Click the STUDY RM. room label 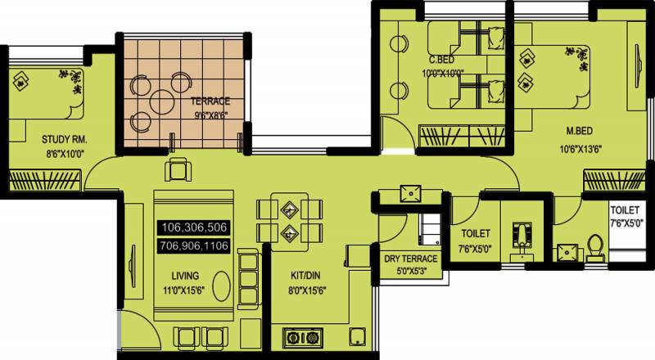point(65,139)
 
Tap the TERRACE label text point(210,101)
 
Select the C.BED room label point(441,60)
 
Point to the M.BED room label point(580,131)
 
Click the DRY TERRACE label point(411,259)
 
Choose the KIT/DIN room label point(305,276)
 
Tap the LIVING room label point(185,276)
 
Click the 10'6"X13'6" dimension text point(580,149)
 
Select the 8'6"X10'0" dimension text point(65,154)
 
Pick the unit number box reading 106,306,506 point(194,227)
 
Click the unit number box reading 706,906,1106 point(194,245)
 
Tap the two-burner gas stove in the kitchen point(303,337)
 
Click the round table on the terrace point(160,101)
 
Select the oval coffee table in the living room point(221,286)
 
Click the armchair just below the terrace point(178,169)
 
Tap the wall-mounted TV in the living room point(133,266)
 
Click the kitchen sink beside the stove point(358,336)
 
